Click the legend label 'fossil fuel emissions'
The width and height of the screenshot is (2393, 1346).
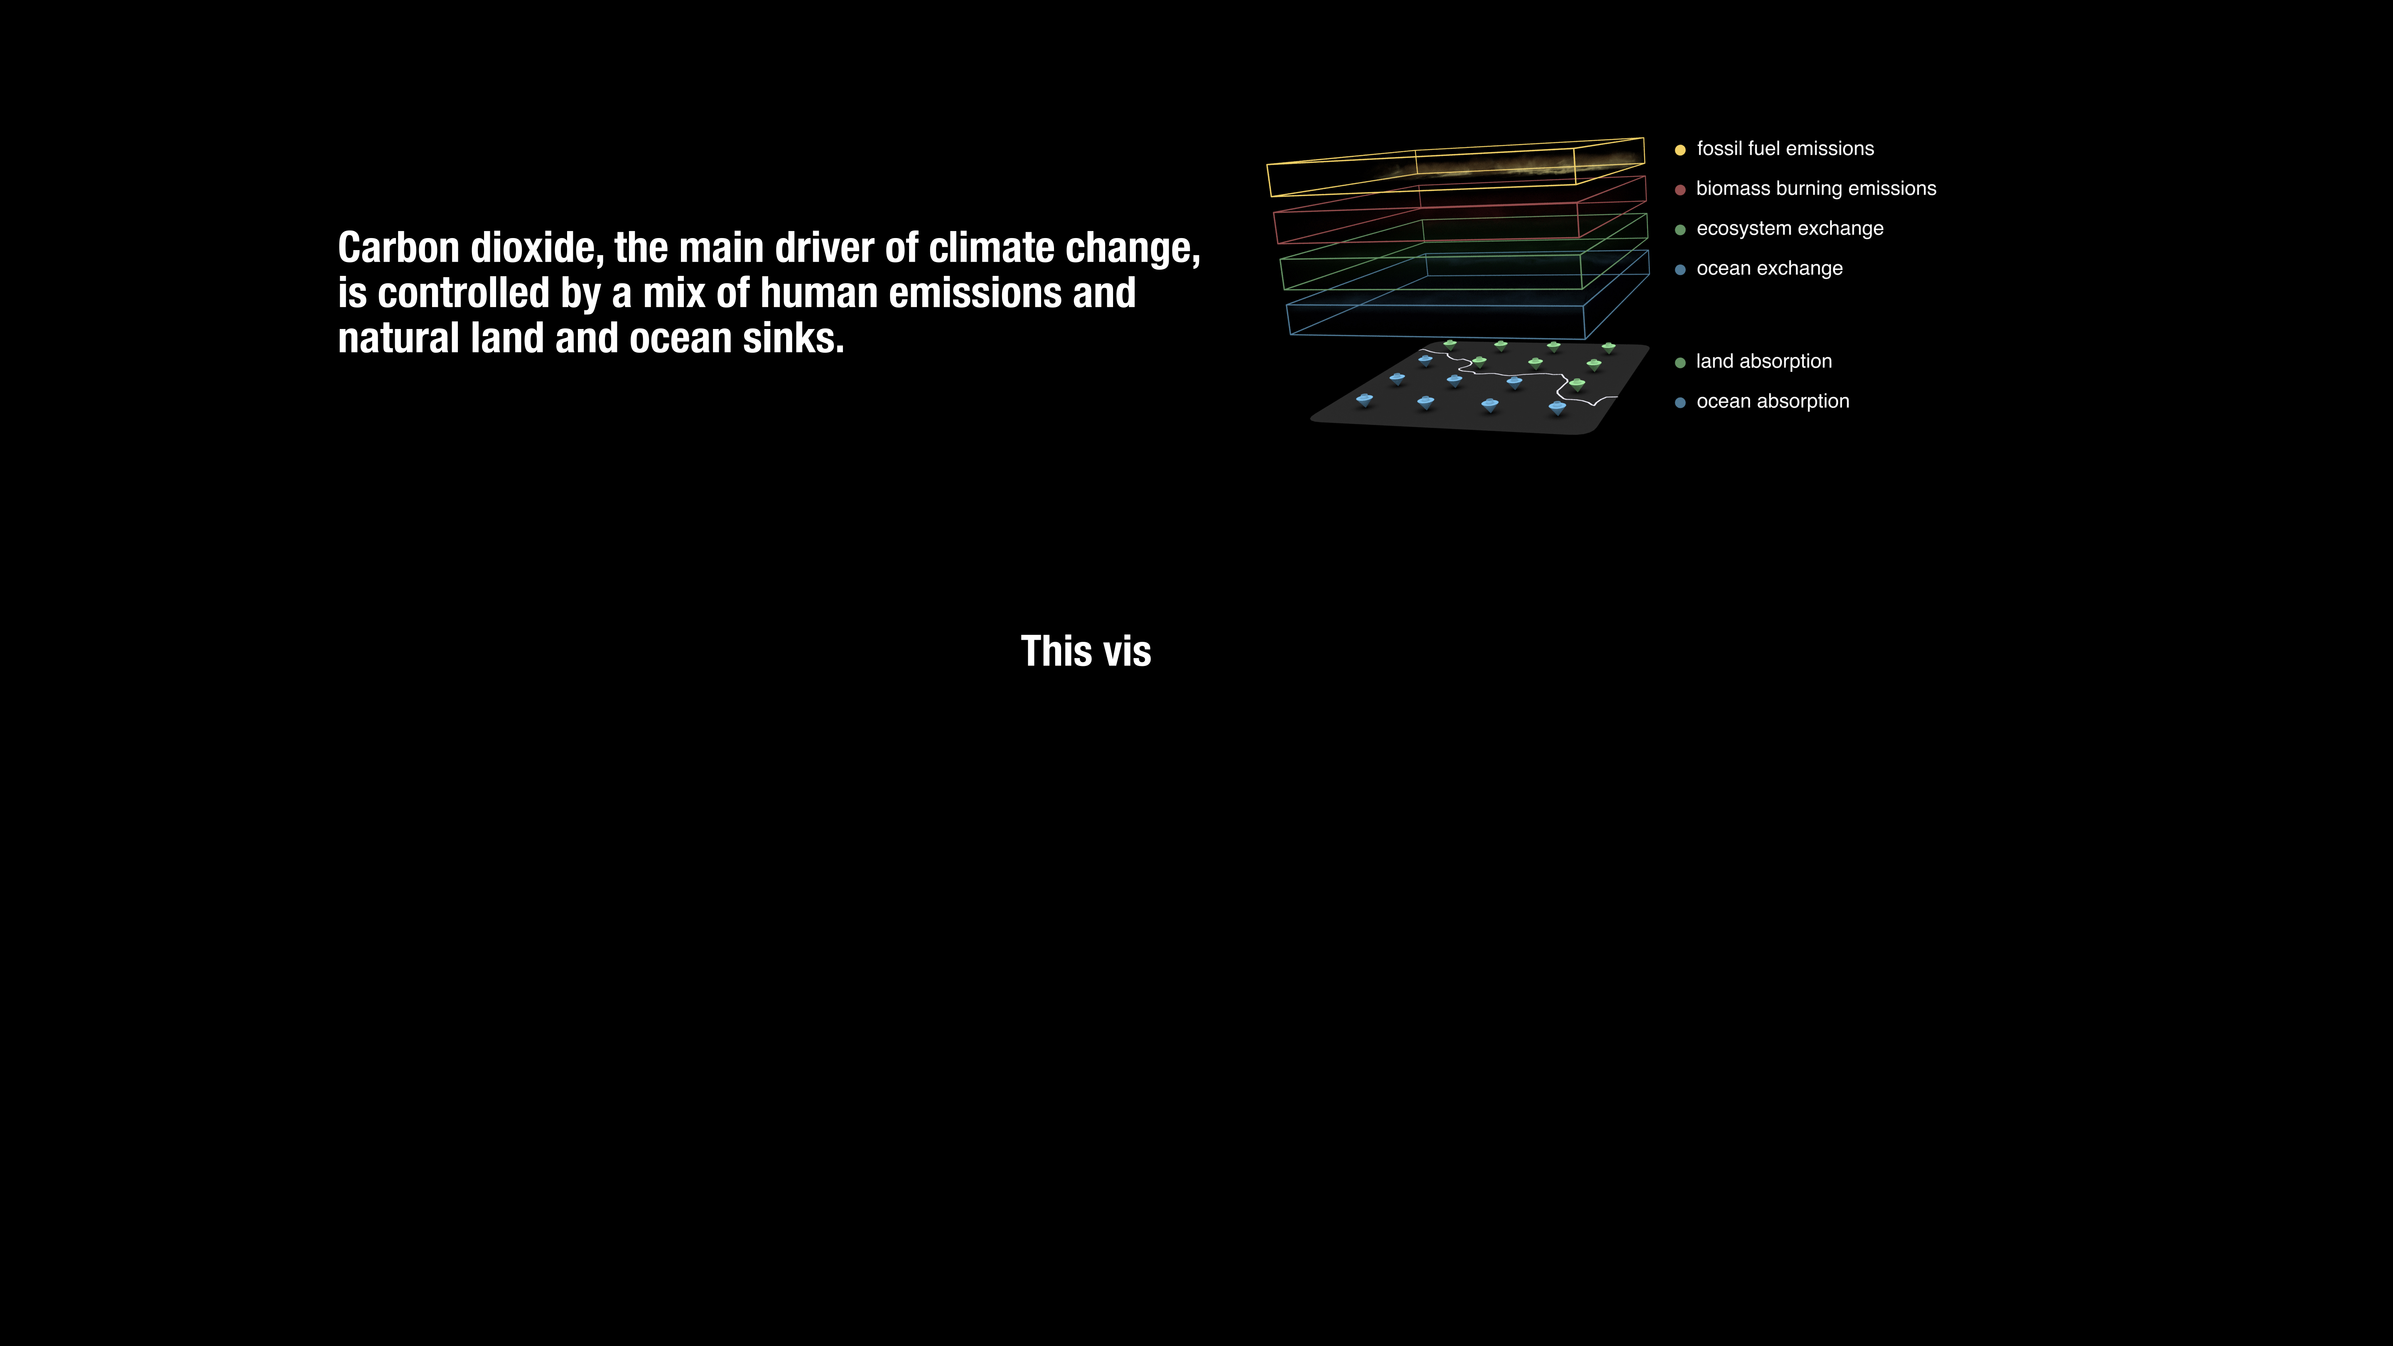click(x=1784, y=149)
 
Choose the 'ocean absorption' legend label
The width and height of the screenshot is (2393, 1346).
click(x=1772, y=401)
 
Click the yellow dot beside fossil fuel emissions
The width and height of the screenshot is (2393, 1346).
click(x=1680, y=150)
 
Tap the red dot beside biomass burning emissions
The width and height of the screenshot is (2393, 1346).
click(x=1680, y=189)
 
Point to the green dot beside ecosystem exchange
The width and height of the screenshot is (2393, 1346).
click(x=1680, y=229)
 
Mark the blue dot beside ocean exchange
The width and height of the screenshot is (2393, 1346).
click(x=1680, y=269)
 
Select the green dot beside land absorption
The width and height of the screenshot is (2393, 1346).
click(x=1680, y=362)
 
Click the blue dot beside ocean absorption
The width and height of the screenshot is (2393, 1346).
click(x=1680, y=402)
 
